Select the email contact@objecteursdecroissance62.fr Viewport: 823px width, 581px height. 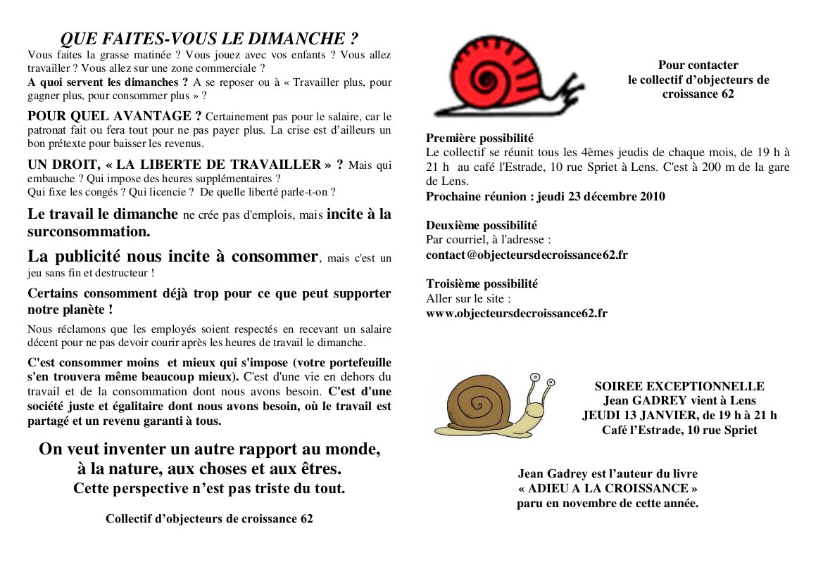click(527, 255)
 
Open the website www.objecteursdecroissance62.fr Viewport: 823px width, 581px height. click(516, 313)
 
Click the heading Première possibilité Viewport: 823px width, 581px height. click(479, 139)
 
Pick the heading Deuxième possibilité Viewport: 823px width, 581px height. click(482, 226)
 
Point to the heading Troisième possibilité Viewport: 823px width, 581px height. click(482, 284)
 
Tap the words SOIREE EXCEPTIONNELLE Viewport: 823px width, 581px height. click(679, 386)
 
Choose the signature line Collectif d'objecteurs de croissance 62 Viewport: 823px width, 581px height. click(209, 519)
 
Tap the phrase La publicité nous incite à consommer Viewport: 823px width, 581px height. click(172, 256)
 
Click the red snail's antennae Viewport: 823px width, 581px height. click(564, 94)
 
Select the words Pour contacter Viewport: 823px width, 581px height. click(698, 65)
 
